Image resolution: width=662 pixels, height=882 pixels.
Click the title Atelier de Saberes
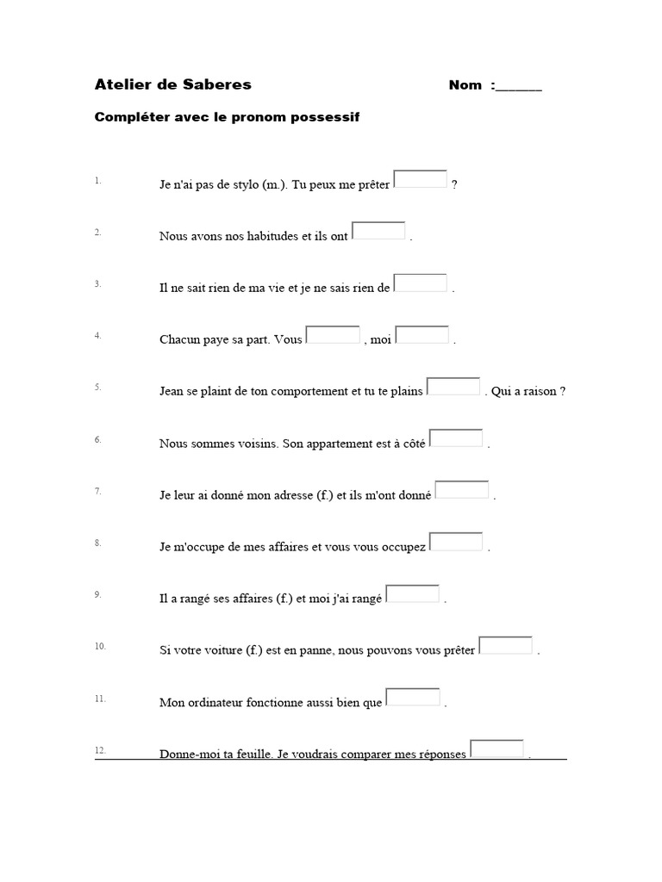pyautogui.click(x=172, y=84)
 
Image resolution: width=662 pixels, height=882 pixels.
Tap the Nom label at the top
pyautogui.click(x=465, y=85)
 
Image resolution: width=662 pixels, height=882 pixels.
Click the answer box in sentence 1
pyautogui.click(x=421, y=179)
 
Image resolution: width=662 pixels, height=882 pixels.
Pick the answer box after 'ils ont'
pyautogui.click(x=378, y=231)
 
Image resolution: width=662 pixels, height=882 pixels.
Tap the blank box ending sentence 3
pyautogui.click(x=421, y=283)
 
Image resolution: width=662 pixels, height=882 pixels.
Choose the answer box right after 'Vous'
pyautogui.click(x=334, y=334)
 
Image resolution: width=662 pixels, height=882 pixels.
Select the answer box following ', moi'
pyautogui.click(x=422, y=334)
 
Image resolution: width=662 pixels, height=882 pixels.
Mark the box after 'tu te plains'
pyautogui.click(x=453, y=386)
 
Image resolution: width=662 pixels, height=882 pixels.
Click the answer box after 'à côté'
pyautogui.click(x=456, y=438)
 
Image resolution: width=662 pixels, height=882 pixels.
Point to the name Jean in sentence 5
pyautogui.click(x=172, y=391)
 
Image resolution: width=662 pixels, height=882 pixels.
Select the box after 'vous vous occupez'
pyautogui.click(x=456, y=542)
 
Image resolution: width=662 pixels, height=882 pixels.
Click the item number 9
pyautogui.click(x=98, y=594)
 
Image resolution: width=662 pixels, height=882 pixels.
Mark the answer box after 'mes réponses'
pyautogui.click(x=496, y=748)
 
